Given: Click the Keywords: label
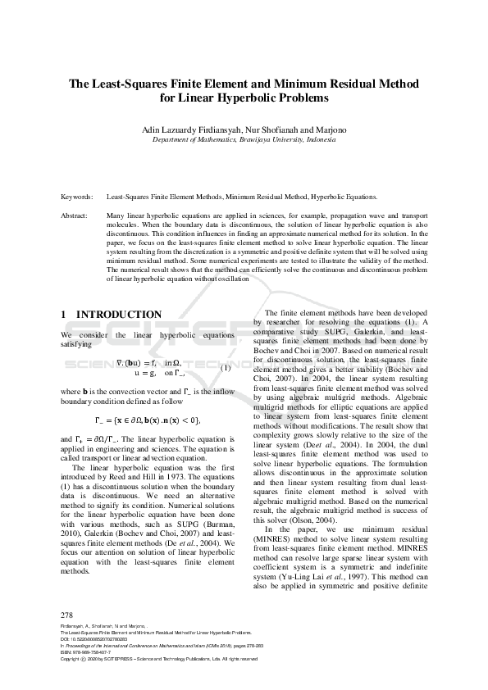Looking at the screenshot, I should click(76, 197).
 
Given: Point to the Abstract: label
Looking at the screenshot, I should click(76, 215).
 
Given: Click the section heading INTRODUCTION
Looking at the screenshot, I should click(119, 315).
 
